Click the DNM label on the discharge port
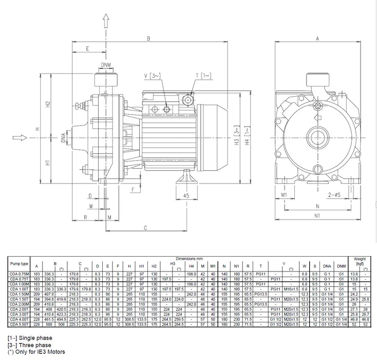tap(106, 65)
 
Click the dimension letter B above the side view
tap(148, 38)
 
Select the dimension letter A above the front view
tap(317, 38)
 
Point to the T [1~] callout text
tap(202, 76)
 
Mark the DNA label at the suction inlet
tap(63, 138)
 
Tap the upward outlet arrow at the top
tap(106, 22)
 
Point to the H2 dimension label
tap(48, 103)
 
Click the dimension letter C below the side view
tap(145, 227)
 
